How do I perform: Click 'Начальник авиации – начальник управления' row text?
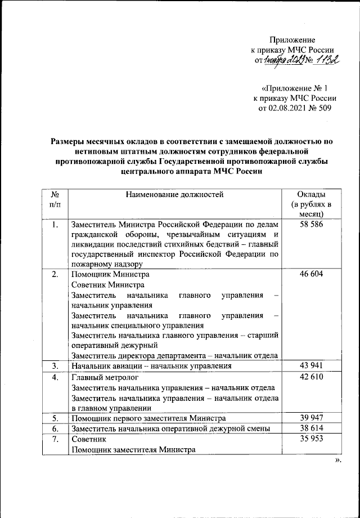click(x=151, y=366)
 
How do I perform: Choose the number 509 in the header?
click(x=323, y=109)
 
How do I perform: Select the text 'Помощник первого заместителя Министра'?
click(x=148, y=418)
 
